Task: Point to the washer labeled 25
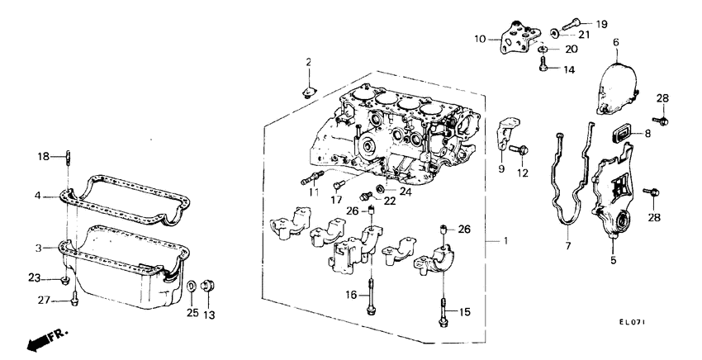pyautogui.click(x=192, y=287)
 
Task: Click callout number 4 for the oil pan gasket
pyautogui.click(x=38, y=196)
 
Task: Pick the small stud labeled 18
pyautogui.click(x=68, y=156)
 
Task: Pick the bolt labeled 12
pyautogui.click(x=521, y=150)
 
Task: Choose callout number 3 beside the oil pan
pyautogui.click(x=38, y=247)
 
